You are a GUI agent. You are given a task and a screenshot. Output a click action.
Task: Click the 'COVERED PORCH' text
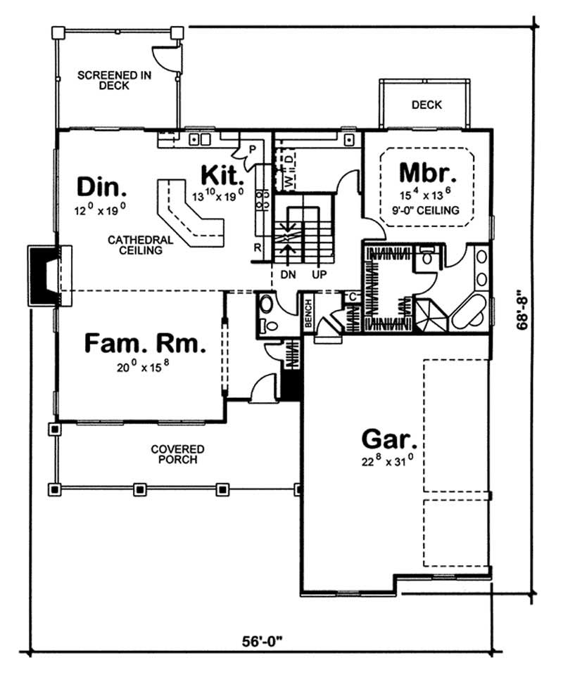click(177, 454)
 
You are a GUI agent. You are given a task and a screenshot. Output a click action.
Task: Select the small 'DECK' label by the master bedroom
click(426, 105)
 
